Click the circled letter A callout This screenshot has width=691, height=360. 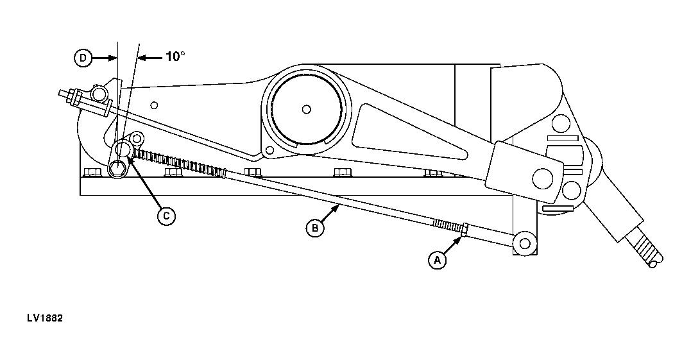[x=437, y=261]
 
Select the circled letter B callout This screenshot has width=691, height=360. [x=314, y=228]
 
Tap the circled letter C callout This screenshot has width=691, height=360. [x=166, y=216]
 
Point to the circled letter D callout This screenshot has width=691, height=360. [x=83, y=58]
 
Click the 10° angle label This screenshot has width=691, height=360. [x=175, y=57]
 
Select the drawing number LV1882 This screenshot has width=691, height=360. [x=45, y=318]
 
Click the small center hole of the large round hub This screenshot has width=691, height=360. [x=306, y=108]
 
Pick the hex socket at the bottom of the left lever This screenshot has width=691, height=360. [x=116, y=169]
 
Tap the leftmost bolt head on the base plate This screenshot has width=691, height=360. [x=90, y=172]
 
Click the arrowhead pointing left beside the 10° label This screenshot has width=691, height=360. [x=143, y=58]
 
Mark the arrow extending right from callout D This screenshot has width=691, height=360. [x=105, y=58]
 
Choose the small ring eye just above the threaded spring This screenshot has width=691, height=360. [x=136, y=139]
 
